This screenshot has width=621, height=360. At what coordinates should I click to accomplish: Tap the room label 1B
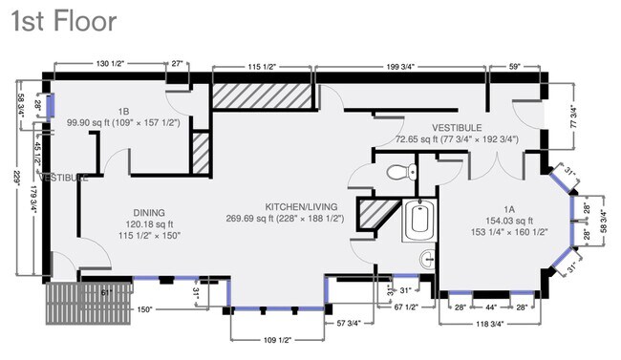pyautogui.click(x=124, y=112)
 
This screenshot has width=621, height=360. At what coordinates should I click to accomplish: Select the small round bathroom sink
pyautogui.click(x=426, y=257)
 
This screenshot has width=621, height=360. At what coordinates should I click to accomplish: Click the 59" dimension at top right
pyautogui.click(x=515, y=66)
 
